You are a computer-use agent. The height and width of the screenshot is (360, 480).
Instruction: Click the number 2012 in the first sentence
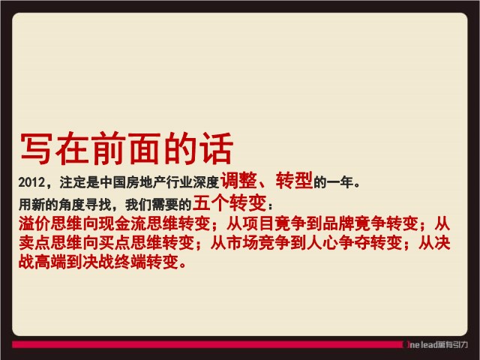[x=31, y=182]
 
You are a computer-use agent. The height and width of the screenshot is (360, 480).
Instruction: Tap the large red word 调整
[x=238, y=180]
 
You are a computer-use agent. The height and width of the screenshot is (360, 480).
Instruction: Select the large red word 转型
[x=294, y=180]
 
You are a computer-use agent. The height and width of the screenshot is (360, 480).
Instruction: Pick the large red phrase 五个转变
[x=229, y=202]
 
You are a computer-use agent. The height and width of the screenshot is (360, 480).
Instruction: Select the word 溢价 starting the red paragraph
[x=34, y=223]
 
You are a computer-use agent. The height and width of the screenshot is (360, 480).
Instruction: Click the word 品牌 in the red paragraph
[x=338, y=223]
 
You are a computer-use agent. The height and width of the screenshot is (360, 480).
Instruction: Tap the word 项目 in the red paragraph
[x=258, y=223]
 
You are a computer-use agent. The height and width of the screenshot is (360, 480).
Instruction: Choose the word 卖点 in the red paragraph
[x=34, y=243]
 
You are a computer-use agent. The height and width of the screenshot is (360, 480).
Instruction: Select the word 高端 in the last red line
[x=50, y=262]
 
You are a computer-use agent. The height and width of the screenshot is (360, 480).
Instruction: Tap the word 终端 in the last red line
[x=130, y=262]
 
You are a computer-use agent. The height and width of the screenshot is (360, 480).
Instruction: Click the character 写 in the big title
[x=36, y=148]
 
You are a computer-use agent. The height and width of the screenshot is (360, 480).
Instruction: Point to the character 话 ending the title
[x=217, y=148]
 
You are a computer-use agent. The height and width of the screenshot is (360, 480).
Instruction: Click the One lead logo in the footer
[x=435, y=345]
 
